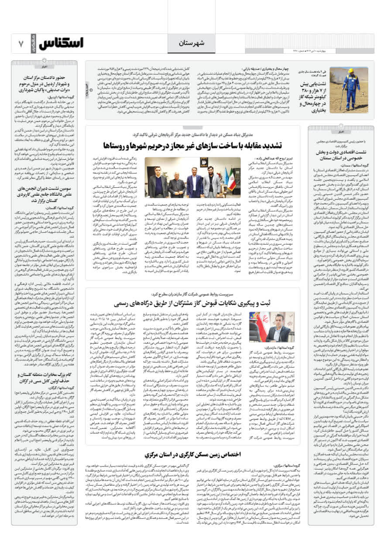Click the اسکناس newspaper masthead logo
click(x=61, y=44)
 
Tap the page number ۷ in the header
click(x=21, y=44)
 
